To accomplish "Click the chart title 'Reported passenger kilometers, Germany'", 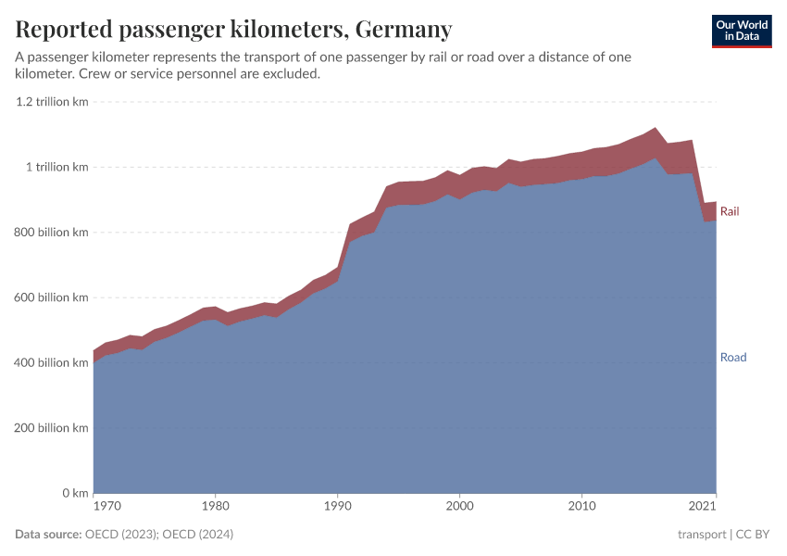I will [233, 30].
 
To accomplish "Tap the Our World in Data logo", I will [741, 31].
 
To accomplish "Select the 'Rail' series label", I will [730, 212].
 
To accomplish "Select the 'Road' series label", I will [732, 358].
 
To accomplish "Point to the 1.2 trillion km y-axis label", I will [52, 102].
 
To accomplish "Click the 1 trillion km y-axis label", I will [56, 168].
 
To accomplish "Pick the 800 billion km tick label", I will [51, 233].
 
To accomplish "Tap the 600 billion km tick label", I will [51, 297].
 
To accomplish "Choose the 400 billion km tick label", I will [51, 363].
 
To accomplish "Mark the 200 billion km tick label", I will [51, 428].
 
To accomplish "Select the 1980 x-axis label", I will [215, 507].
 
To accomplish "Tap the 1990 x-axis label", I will [337, 507].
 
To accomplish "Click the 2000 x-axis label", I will [459, 507].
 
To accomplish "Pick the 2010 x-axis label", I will [581, 507].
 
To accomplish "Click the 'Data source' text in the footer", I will [47, 535].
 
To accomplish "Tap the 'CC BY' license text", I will [753, 535].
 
